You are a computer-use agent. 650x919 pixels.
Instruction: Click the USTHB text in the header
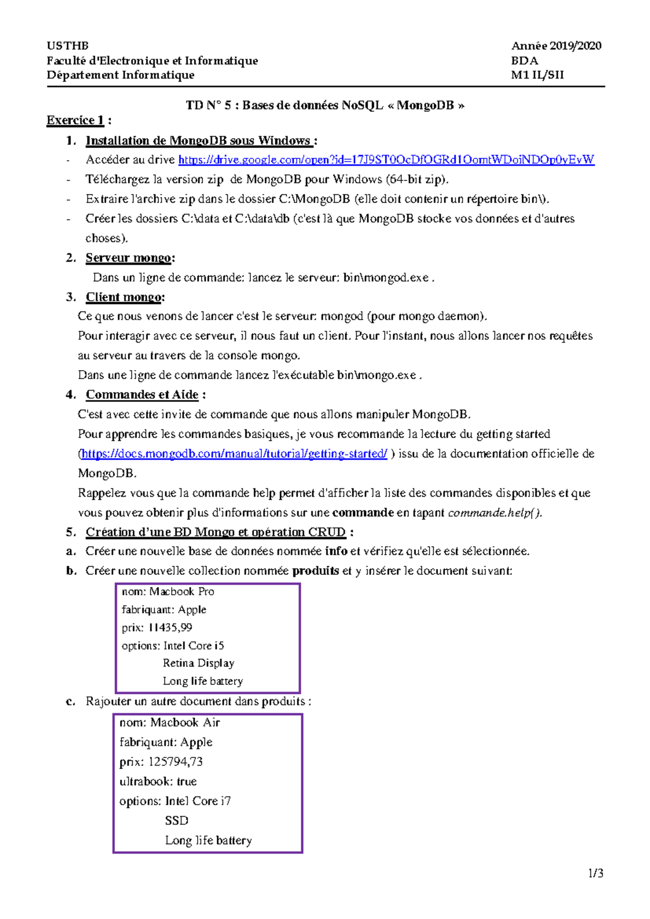click(68, 46)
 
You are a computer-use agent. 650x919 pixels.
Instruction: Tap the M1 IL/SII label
click(537, 75)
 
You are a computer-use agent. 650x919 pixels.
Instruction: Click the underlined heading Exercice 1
click(75, 120)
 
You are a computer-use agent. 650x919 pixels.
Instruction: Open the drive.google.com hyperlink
click(386, 160)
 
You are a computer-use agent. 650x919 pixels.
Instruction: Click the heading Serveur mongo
click(129, 258)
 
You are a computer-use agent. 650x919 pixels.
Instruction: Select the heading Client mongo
click(124, 297)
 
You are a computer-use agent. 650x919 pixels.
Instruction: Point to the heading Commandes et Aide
click(142, 395)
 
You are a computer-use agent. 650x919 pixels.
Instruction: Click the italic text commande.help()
click(494, 513)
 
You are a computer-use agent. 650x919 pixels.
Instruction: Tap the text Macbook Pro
click(181, 592)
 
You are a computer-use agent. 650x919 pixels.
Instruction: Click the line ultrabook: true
click(158, 781)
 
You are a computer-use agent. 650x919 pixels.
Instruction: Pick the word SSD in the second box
click(177, 821)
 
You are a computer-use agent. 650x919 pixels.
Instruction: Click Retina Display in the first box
click(198, 663)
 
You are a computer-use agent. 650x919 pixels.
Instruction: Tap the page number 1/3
click(596, 873)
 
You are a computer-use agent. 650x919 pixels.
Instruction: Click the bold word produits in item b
click(315, 571)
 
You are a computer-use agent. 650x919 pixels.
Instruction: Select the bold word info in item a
click(336, 552)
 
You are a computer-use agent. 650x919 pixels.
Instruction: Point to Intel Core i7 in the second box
click(198, 801)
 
